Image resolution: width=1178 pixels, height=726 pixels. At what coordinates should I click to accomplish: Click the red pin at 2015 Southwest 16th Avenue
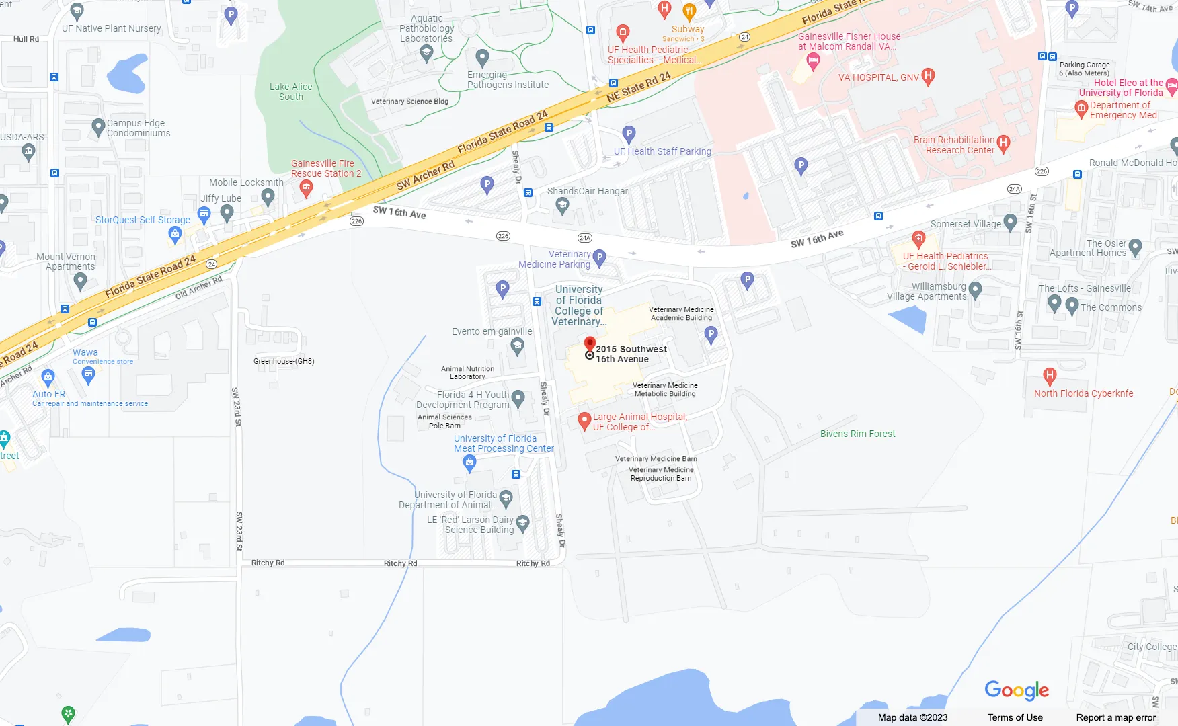coord(590,344)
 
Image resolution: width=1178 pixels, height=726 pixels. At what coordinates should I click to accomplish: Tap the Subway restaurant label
coord(688,29)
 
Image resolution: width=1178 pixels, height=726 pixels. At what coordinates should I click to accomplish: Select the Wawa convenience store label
coord(85,352)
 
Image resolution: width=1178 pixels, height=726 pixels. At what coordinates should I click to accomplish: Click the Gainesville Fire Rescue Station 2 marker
coord(306,188)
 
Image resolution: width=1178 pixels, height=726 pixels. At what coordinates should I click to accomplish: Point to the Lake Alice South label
coord(290,91)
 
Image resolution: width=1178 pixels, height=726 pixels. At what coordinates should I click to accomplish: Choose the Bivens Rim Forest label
coord(857,434)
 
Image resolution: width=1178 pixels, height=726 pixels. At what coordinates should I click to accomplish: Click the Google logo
coord(1016,690)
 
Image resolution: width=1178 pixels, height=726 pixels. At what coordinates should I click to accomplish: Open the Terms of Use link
coord(1015,717)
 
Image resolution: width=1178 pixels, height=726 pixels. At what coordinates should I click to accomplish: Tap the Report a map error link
coord(1115,717)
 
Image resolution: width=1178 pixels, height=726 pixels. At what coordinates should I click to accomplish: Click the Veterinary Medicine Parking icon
coord(599,257)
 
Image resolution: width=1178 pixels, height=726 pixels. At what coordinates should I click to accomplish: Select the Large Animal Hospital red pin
coord(584,421)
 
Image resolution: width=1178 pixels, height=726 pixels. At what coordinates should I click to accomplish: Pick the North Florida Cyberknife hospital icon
coord(1049,376)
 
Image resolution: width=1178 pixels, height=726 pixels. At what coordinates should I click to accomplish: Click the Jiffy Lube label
coord(221,198)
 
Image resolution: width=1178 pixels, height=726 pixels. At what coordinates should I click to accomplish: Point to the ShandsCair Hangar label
coord(587,191)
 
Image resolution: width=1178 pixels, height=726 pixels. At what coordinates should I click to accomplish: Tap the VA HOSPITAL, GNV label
coord(878,77)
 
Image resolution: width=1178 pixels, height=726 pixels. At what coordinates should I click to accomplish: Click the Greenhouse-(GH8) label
coord(284,361)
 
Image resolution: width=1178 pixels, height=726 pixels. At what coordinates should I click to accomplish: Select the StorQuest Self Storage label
coord(143,220)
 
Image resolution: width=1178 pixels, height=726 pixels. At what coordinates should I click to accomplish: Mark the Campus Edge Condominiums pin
coord(98,126)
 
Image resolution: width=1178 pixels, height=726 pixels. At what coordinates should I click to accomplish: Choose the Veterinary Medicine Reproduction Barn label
coord(661,474)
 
